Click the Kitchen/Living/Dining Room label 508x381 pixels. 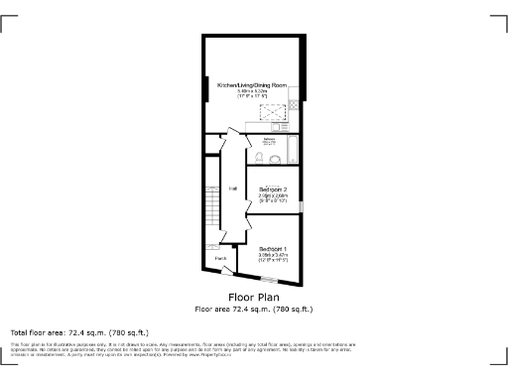[253, 86]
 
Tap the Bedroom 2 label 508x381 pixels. [273, 190]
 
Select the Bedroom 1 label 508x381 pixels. [273, 248]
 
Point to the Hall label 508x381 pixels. [233, 188]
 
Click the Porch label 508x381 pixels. [220, 258]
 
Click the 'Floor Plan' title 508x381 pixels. [253, 297]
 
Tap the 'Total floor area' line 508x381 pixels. [79, 331]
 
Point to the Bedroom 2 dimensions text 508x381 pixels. [273, 198]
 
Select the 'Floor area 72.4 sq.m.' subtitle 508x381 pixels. [253, 309]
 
